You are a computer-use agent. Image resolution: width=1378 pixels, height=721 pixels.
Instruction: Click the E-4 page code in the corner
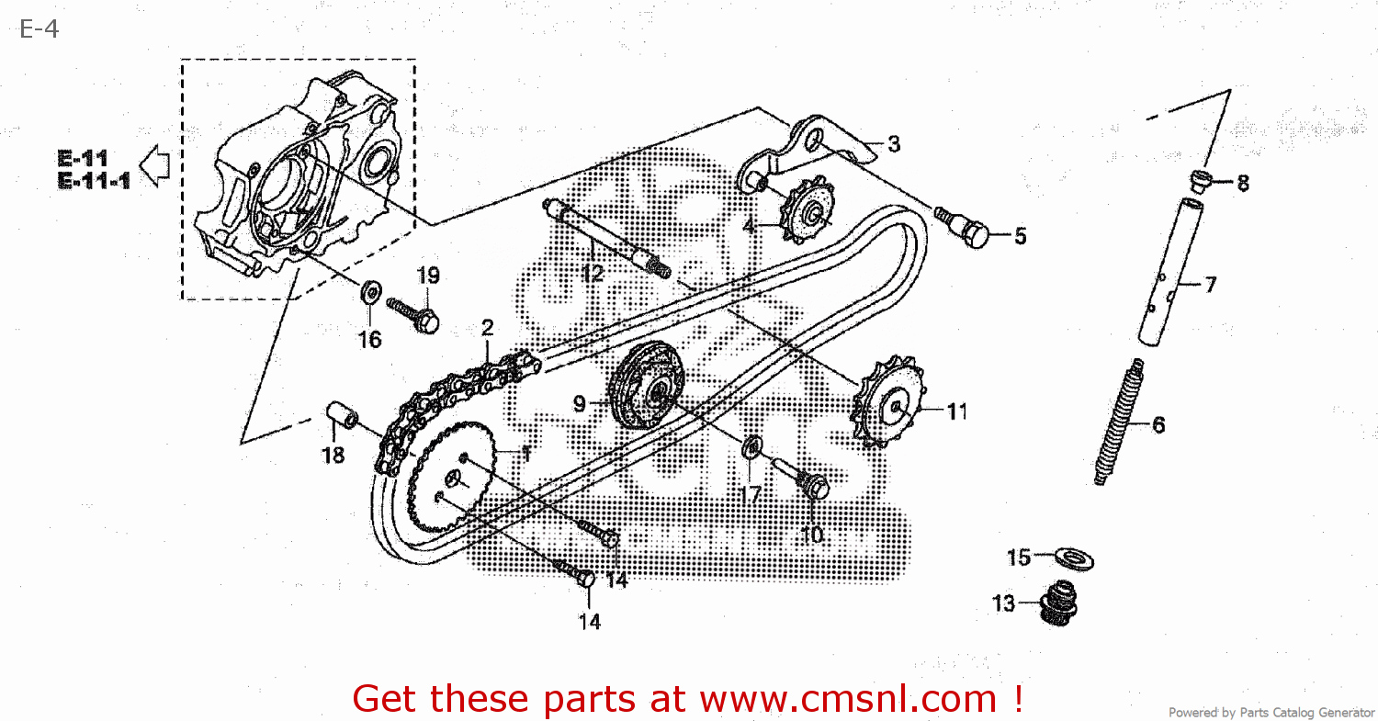[39, 29]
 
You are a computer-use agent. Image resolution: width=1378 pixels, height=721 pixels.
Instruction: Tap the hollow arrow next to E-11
[158, 166]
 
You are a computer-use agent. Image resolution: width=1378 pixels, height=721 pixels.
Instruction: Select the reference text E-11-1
[94, 181]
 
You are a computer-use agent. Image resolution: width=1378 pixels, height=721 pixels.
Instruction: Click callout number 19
[428, 275]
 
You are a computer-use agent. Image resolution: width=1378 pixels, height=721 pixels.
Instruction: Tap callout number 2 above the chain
[487, 328]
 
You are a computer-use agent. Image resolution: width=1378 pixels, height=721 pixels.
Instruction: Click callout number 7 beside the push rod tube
[1210, 285]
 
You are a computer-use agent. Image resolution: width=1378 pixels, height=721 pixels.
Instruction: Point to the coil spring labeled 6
[1118, 422]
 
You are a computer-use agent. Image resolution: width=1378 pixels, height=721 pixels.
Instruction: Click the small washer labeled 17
[751, 449]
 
